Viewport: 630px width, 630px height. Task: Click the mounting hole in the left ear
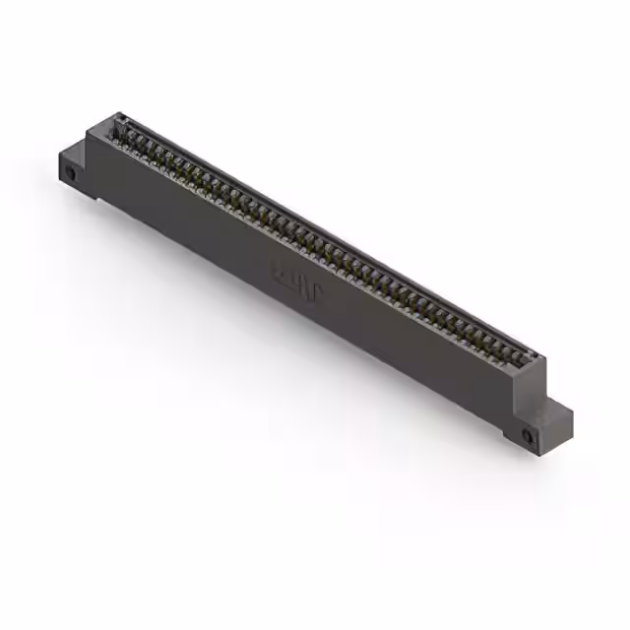[x=71, y=175]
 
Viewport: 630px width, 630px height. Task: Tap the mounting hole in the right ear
[x=528, y=436]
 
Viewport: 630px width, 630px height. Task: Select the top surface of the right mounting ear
[x=555, y=407]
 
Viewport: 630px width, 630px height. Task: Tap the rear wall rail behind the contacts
[x=335, y=235]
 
